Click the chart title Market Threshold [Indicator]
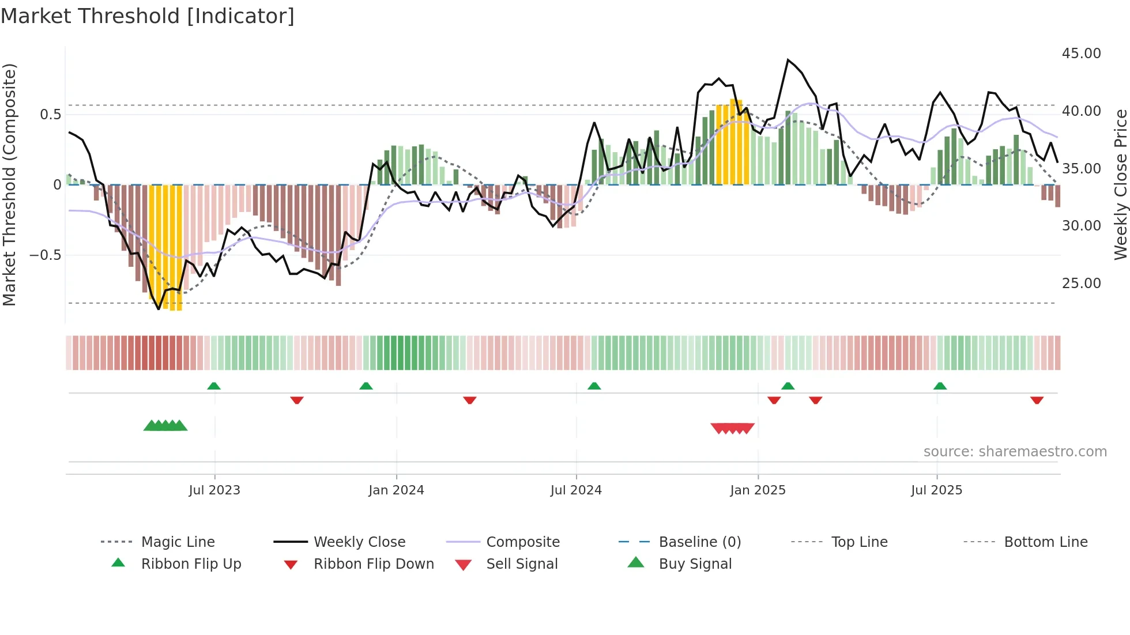(148, 16)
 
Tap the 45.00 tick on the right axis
(1081, 54)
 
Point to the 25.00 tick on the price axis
(1081, 284)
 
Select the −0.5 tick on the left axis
(45, 255)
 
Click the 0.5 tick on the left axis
(50, 115)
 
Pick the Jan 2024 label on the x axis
(396, 490)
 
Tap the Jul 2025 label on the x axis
(936, 490)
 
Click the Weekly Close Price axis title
(1120, 184)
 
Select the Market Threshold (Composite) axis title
(9, 184)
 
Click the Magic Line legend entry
(178, 542)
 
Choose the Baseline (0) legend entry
(699, 542)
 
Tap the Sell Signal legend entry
(521, 564)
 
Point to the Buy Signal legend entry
(695, 564)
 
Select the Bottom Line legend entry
(1045, 542)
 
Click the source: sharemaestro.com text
(1015, 452)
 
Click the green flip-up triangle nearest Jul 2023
(214, 386)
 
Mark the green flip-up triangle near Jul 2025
(940, 386)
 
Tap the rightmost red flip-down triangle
(1037, 400)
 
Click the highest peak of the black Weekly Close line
(788, 60)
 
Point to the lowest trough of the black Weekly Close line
(159, 309)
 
